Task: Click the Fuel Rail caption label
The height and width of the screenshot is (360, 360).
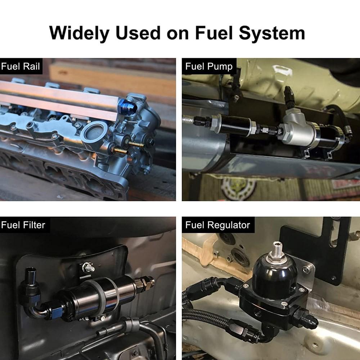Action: click(20, 66)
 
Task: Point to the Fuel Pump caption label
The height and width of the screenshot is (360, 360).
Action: click(209, 66)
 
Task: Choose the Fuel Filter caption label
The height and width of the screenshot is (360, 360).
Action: click(23, 225)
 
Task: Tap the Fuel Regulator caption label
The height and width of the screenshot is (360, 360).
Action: click(217, 225)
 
